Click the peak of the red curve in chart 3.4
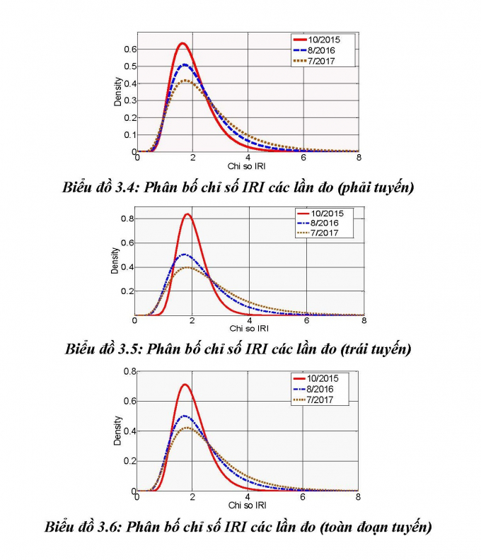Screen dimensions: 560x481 coord(182,44)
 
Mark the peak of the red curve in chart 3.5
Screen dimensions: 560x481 coord(187,214)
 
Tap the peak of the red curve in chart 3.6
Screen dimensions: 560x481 coord(185,385)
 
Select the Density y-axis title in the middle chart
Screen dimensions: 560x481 coord(115,260)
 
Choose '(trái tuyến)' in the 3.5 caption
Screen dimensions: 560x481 coord(374,349)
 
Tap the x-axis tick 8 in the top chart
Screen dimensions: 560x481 coord(359,158)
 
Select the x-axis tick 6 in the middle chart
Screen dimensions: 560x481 coord(306,321)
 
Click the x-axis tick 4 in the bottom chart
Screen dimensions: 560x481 coord(248,497)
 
